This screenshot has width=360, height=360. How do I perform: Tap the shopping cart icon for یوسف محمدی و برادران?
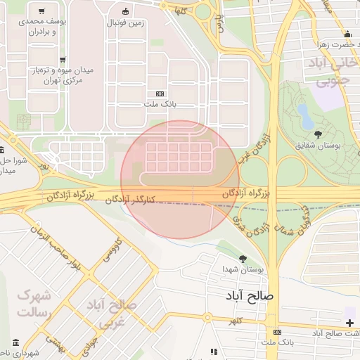click(44, 11)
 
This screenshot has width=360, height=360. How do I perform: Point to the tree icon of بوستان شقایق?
click(319, 133)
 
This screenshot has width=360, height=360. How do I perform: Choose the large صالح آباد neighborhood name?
click(249, 295)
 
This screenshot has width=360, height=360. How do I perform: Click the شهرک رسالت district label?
click(33, 303)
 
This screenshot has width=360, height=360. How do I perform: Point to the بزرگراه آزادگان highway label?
click(250, 192)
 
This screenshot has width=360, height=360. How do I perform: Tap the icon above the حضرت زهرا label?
click(347, 34)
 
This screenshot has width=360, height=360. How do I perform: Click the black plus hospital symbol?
click(349, 322)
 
